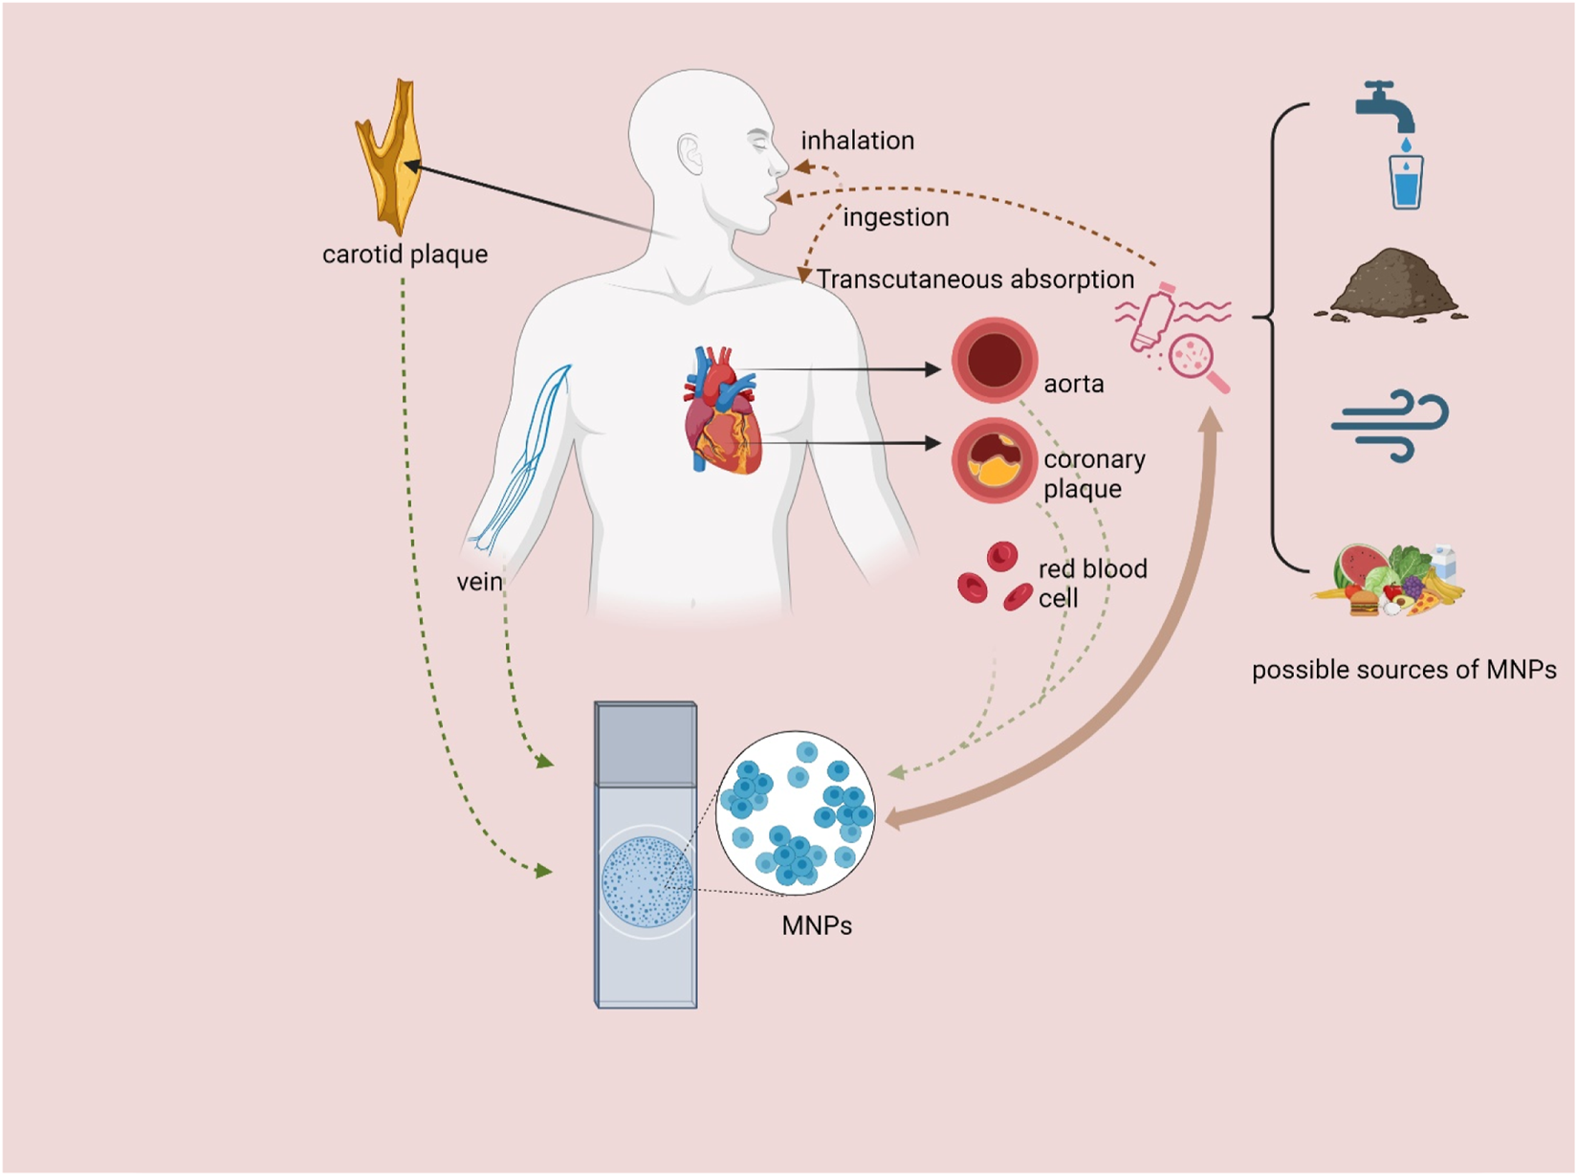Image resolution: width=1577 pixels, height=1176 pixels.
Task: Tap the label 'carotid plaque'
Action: pos(405,255)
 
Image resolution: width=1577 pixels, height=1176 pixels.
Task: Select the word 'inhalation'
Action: pos(857,141)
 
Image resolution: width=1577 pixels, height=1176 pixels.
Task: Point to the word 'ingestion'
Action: pos(895,218)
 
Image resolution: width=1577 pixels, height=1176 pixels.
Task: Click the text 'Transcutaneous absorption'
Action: pos(975,279)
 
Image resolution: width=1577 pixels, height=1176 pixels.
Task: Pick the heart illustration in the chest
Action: pos(722,411)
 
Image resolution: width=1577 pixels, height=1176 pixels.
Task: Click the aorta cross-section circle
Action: pos(994,362)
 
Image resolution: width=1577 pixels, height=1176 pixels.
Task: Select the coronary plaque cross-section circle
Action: pos(994,461)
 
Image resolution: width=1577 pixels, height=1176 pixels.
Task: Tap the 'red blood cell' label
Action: pos(1091,583)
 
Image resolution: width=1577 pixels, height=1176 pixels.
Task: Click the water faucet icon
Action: pos(1386,105)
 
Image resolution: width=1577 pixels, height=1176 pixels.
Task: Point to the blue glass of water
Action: pos(1406,182)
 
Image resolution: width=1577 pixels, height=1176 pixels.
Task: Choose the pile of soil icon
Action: pos(1391,285)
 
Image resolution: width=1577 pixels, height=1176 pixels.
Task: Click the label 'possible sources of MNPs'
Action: pos(1403,670)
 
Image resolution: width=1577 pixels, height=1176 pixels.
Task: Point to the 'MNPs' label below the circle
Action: pos(816,926)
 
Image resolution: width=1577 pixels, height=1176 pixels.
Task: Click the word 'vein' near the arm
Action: pos(479,582)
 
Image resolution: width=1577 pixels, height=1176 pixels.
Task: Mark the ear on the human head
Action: pos(690,153)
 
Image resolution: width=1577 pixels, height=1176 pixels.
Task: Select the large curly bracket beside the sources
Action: pos(1278,335)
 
